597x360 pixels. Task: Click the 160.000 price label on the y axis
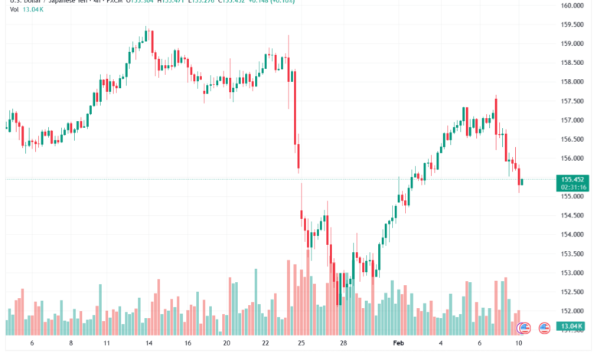[x=573, y=5]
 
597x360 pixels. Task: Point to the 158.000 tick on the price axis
[x=573, y=82]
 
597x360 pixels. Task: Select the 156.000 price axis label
[x=573, y=159]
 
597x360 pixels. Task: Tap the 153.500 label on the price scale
[x=573, y=254]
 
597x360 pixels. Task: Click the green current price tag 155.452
[x=573, y=178]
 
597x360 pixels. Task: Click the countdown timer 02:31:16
[x=573, y=187]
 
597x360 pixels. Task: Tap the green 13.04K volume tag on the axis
[x=573, y=327]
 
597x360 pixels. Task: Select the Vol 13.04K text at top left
[x=22, y=10]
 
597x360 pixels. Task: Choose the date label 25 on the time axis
[x=301, y=344]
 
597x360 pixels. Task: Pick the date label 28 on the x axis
[x=344, y=344]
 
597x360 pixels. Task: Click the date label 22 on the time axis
[x=265, y=344]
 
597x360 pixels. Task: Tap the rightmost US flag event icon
[x=544, y=328]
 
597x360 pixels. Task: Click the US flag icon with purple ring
[x=524, y=328]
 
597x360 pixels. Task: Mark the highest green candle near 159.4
[x=146, y=34]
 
